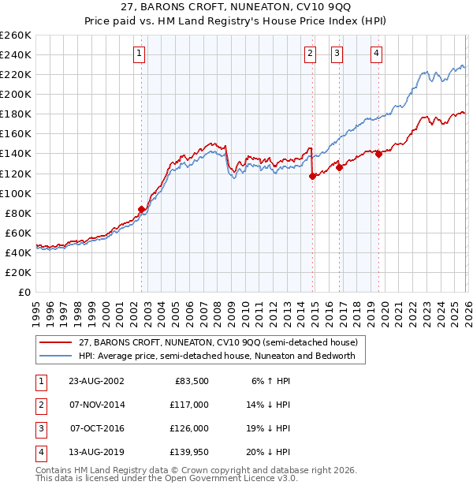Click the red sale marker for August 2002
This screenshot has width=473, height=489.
pos(142,209)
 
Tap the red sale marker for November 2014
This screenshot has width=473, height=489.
pos(313,176)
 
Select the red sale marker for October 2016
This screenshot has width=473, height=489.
pos(340,167)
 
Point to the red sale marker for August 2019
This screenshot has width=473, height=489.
pos(379,154)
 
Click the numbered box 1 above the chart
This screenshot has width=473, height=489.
pos(140,54)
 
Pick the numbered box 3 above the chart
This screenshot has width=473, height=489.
pos(337,54)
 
